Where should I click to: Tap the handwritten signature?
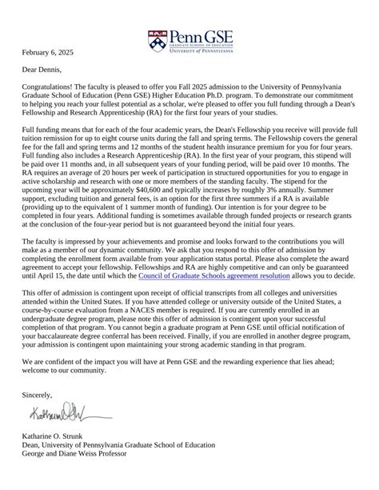coord(61,414)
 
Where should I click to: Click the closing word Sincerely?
coord(37,394)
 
